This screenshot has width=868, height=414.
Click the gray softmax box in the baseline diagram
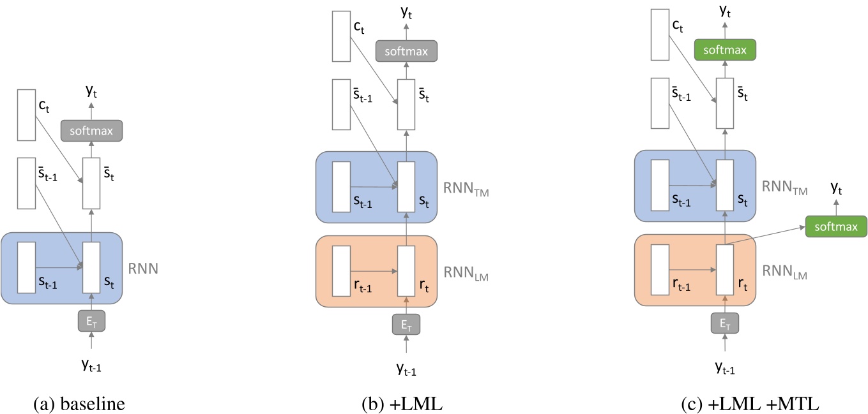click(x=91, y=131)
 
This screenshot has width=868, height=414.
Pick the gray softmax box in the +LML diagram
click(x=406, y=50)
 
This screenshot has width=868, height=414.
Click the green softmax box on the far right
click(x=836, y=226)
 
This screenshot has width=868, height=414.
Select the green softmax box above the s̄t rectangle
click(x=725, y=49)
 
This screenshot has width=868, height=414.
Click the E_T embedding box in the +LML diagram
click(x=406, y=325)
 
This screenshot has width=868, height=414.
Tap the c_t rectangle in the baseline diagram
click(x=26, y=115)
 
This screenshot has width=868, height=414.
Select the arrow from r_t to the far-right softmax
click(x=766, y=235)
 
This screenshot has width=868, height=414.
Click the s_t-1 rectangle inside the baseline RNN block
click(x=26, y=267)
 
